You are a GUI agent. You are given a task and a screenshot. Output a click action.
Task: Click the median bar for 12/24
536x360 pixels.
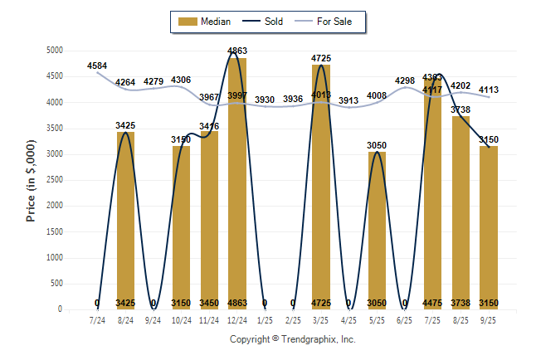coord(237,183)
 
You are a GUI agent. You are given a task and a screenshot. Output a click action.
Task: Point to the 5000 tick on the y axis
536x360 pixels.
coord(55,51)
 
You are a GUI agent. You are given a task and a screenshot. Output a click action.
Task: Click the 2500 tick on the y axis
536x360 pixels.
coord(55,180)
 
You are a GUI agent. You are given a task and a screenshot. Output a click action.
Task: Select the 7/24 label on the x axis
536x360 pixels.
coord(97,319)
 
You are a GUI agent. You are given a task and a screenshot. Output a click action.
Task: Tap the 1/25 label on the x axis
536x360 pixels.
coord(265,319)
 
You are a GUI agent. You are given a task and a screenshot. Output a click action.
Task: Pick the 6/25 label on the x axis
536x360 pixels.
coord(405,319)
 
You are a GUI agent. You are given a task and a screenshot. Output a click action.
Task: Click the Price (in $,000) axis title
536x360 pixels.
coord(31,180)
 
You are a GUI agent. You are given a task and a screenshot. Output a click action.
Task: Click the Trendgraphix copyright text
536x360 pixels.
coord(292,339)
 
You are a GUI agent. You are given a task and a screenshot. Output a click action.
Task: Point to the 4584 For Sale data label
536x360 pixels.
coord(97,66)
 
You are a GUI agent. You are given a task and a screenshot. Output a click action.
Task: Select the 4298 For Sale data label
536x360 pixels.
coord(405,80)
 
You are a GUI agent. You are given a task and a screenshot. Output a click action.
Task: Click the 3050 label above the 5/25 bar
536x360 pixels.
coord(377,144)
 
